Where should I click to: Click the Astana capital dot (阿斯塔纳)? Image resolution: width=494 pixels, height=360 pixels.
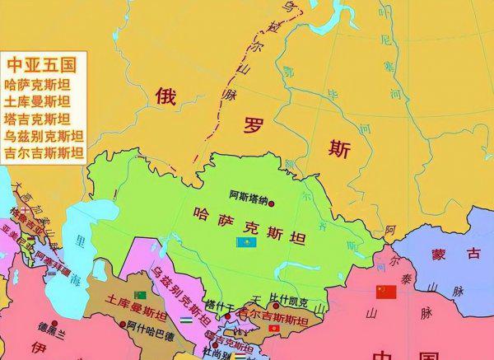click(x=271, y=203)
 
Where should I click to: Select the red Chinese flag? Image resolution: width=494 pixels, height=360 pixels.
click(x=386, y=292)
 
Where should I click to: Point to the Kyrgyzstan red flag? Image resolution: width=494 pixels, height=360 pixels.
click(x=285, y=329)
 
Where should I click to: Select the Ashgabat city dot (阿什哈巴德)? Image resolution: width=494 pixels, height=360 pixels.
click(x=121, y=325)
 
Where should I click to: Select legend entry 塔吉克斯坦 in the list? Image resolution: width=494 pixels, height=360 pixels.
click(x=36, y=118)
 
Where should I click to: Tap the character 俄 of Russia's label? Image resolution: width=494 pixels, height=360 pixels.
click(x=166, y=96)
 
